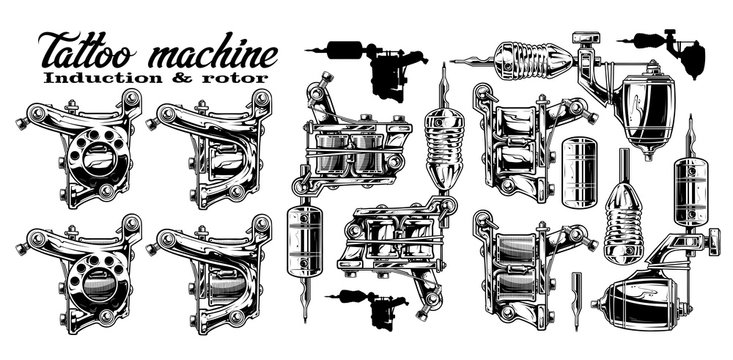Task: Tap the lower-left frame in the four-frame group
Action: [x=77, y=270]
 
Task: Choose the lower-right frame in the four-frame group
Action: [x=211, y=270]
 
